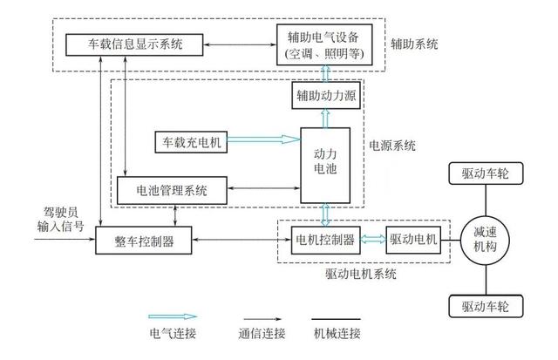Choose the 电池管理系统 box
coord(172,190)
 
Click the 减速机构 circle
coord(486,239)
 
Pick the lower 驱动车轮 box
coord(486,306)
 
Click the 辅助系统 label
coord(415,43)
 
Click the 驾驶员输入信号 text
coord(64,220)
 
